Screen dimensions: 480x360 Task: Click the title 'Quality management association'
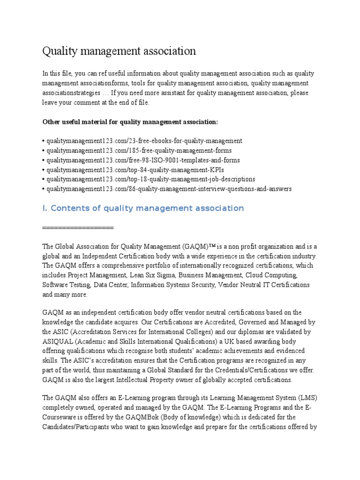(x=119, y=51)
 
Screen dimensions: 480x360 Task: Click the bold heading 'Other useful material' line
(x=130, y=122)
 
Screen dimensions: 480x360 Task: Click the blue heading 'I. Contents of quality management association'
(x=143, y=208)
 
